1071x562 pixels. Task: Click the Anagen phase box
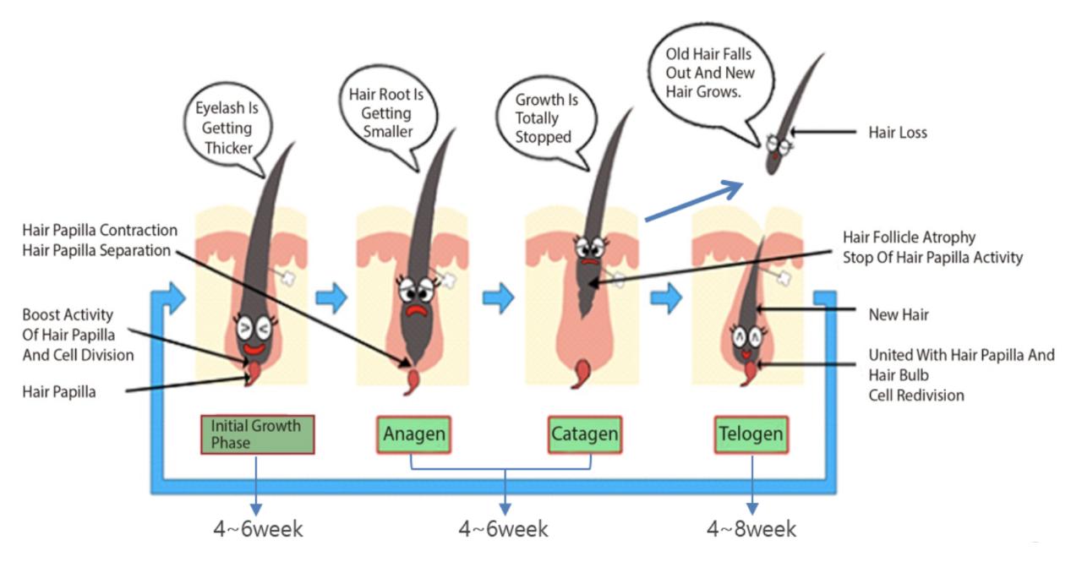click(x=413, y=435)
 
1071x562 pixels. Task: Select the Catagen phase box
click(x=584, y=435)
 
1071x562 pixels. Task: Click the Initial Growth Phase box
click(x=257, y=434)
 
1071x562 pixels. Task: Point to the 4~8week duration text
click(x=751, y=530)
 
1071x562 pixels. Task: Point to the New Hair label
click(x=899, y=314)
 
